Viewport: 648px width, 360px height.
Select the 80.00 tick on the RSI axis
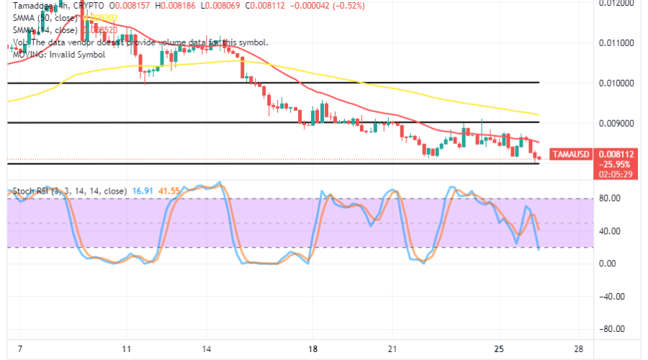click(x=609, y=198)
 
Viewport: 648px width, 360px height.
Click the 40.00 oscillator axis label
click(x=609, y=231)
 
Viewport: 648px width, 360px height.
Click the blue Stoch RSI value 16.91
click(x=139, y=192)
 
